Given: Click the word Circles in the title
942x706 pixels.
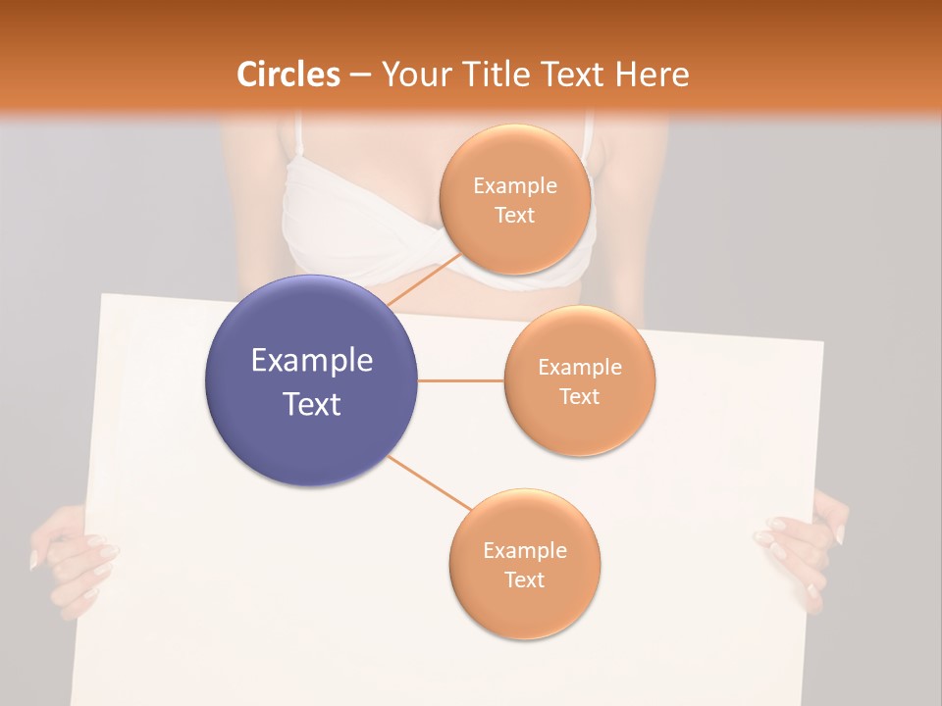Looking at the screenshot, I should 288,75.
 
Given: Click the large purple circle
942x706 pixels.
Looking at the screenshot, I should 311,380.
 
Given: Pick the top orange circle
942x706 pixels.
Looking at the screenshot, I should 514,199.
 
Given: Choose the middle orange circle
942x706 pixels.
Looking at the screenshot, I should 579,380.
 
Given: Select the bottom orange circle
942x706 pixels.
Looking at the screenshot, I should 524,564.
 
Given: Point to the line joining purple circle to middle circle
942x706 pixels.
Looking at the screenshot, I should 460,380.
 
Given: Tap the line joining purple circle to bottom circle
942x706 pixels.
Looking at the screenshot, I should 429,482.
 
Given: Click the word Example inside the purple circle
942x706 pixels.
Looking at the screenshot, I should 311,361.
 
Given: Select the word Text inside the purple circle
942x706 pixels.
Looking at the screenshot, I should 311,404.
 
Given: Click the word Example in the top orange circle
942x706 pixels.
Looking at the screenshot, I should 514,185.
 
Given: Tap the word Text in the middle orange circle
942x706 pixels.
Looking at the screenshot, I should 579,396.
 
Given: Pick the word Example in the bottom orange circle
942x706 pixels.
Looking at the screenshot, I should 524,550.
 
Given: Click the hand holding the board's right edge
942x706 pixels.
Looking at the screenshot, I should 805,549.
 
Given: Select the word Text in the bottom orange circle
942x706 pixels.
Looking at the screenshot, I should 524,580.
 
